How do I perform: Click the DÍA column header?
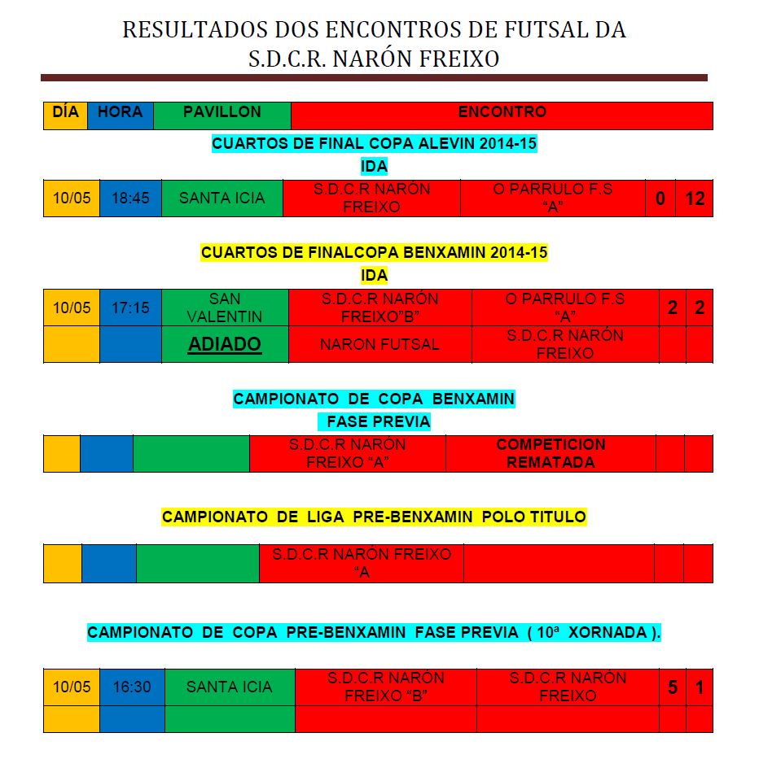65,112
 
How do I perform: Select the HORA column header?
120,112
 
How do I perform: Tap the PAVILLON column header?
222,112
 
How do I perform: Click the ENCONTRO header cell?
502,112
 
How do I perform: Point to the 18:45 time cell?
130,198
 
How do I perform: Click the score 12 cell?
695,198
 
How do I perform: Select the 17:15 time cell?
130,308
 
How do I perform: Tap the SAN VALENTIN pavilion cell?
225,308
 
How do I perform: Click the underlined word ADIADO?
225,344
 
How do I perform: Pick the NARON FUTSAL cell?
379,344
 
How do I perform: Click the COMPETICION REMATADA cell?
551,453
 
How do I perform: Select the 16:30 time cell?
132,687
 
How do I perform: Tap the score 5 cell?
673,687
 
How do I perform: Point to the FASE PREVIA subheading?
378,422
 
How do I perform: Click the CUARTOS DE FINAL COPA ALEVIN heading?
375,144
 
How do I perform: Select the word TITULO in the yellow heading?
554,517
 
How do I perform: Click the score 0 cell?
660,198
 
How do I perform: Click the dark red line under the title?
374,78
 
